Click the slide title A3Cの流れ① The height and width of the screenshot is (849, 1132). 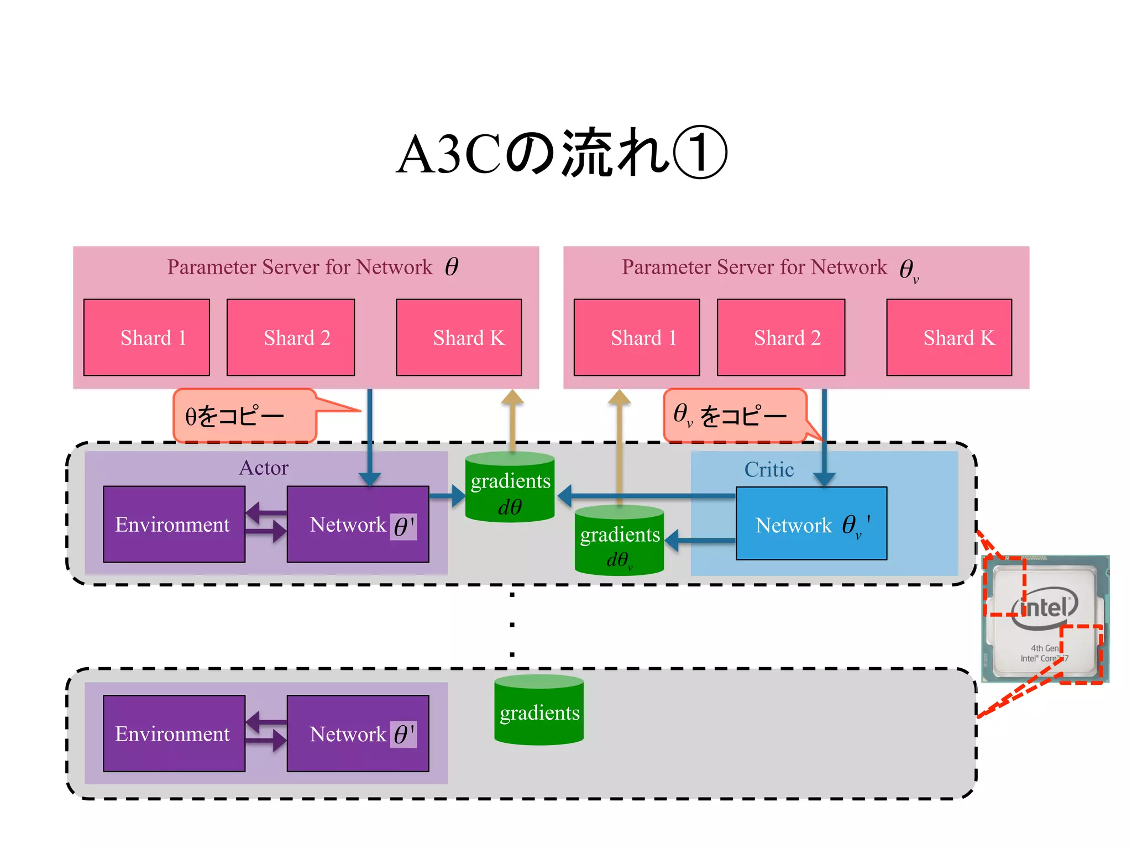coord(562,154)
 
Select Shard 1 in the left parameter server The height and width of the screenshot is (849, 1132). coord(146,338)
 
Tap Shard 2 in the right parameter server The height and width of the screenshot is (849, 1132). coord(780,338)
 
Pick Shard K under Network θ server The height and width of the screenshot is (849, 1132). coord(459,338)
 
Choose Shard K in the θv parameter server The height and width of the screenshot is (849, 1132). coord(949,338)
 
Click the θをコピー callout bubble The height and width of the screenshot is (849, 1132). coord(245,416)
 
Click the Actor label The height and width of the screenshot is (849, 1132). coord(264,468)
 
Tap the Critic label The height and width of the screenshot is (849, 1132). coord(769,469)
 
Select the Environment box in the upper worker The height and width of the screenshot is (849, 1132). coord(174,524)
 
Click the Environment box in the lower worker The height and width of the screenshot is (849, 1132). coord(174,733)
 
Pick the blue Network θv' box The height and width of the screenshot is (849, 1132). coord(811,523)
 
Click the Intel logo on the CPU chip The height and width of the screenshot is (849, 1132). coord(1045,608)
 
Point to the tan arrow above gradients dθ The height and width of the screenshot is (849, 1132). coord(512,420)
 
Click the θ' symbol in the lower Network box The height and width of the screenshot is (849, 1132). coord(403,735)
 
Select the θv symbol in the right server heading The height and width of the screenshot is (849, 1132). coord(908,270)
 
